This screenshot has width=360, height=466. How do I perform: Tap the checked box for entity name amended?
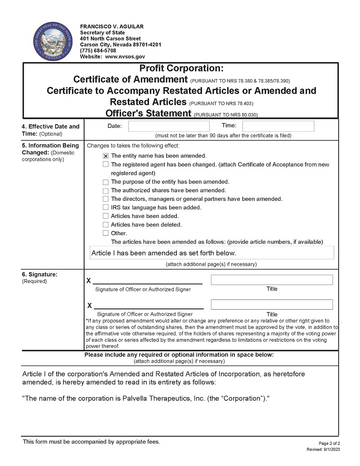[106, 156]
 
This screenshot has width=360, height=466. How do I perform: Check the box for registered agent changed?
[106, 164]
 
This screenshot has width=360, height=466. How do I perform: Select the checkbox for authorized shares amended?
[106, 190]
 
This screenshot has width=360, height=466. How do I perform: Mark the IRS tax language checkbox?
[106, 208]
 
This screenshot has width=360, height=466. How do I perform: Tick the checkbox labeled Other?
[106, 233]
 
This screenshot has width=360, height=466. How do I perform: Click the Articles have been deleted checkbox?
[106, 225]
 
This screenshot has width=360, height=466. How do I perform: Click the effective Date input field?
[169, 126]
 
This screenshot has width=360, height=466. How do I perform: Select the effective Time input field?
[278, 126]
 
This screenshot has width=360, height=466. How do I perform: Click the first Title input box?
[272, 280]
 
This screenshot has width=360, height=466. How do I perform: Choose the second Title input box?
[272, 305]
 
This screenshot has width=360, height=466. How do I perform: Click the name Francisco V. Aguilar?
[112, 27]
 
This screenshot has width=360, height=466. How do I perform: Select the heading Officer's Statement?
[148, 113]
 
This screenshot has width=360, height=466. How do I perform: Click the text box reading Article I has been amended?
[212, 253]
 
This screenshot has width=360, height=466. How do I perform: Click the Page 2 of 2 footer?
[332, 443]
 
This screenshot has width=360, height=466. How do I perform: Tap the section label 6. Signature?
[40, 274]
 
